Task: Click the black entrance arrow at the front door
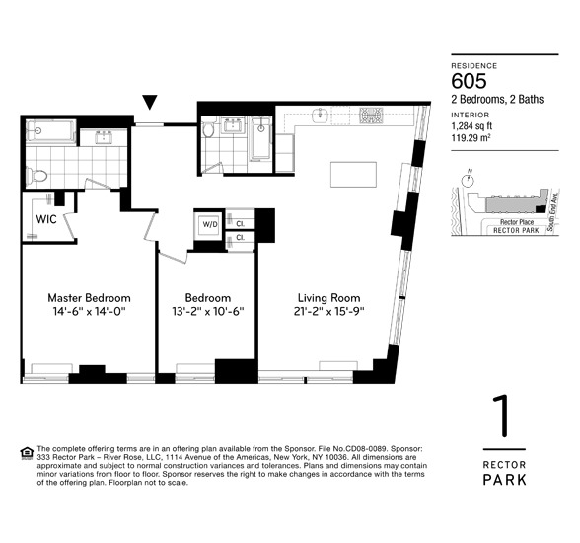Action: click(150, 102)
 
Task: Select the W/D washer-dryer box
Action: click(208, 223)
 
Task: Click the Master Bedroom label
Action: click(89, 297)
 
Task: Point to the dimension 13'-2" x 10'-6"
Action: click(208, 311)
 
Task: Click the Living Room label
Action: click(329, 297)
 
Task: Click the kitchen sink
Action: click(321, 116)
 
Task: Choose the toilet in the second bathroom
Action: click(208, 131)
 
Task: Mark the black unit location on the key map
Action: click(539, 209)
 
